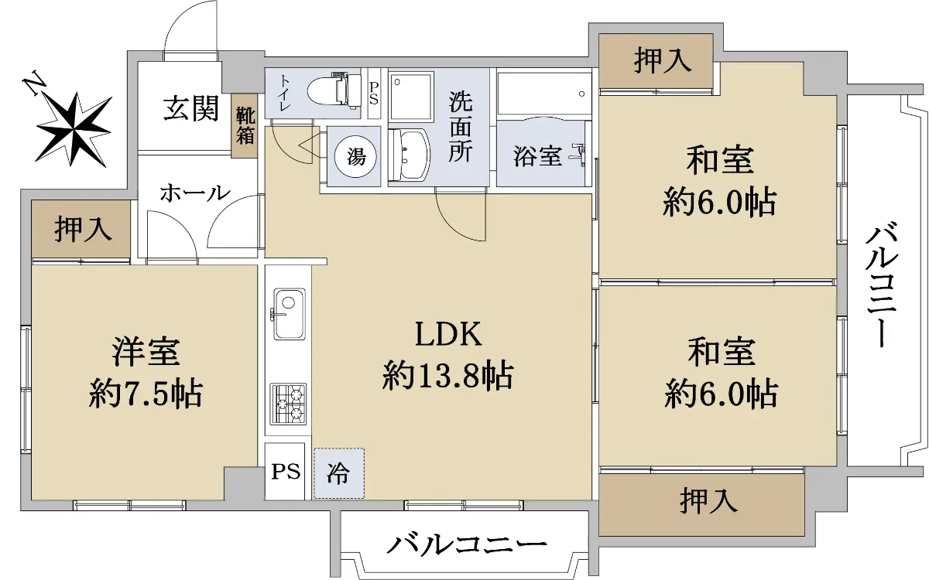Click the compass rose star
[x=74, y=130]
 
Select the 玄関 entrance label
[x=191, y=108]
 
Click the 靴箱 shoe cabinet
[x=245, y=125]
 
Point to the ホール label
[x=195, y=193]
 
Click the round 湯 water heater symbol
[x=356, y=157]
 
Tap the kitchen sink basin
[x=290, y=314]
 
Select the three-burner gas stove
[x=288, y=404]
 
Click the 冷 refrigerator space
[x=339, y=473]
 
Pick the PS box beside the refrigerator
[x=286, y=472]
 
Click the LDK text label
[x=448, y=334]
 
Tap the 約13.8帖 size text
[x=448, y=376]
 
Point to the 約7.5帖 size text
[x=146, y=394]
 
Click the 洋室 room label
[x=146, y=352]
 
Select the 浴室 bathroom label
[x=537, y=156]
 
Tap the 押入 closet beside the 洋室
[x=81, y=229]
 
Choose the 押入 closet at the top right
[x=656, y=60]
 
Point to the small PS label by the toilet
[x=374, y=94]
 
